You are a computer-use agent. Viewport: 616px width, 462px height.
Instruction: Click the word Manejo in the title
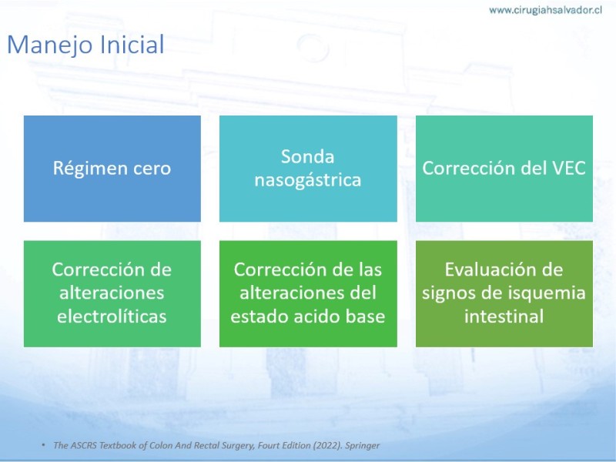click(51, 45)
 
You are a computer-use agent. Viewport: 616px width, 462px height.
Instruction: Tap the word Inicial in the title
click(132, 44)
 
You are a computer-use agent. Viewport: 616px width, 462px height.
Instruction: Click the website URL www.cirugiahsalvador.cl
click(545, 10)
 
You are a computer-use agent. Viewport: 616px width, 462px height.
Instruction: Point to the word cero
click(152, 169)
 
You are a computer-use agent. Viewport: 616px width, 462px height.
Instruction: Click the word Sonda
click(307, 157)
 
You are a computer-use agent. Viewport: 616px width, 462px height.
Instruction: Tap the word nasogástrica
click(307, 180)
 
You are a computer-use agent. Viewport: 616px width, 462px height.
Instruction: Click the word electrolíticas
click(112, 316)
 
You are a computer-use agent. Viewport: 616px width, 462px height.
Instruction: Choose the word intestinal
click(504, 316)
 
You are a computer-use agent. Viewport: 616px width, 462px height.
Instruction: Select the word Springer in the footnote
click(362, 446)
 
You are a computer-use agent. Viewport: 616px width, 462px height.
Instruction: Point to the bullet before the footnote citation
click(43, 445)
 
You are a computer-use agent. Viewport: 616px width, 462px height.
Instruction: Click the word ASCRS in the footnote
click(83, 446)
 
